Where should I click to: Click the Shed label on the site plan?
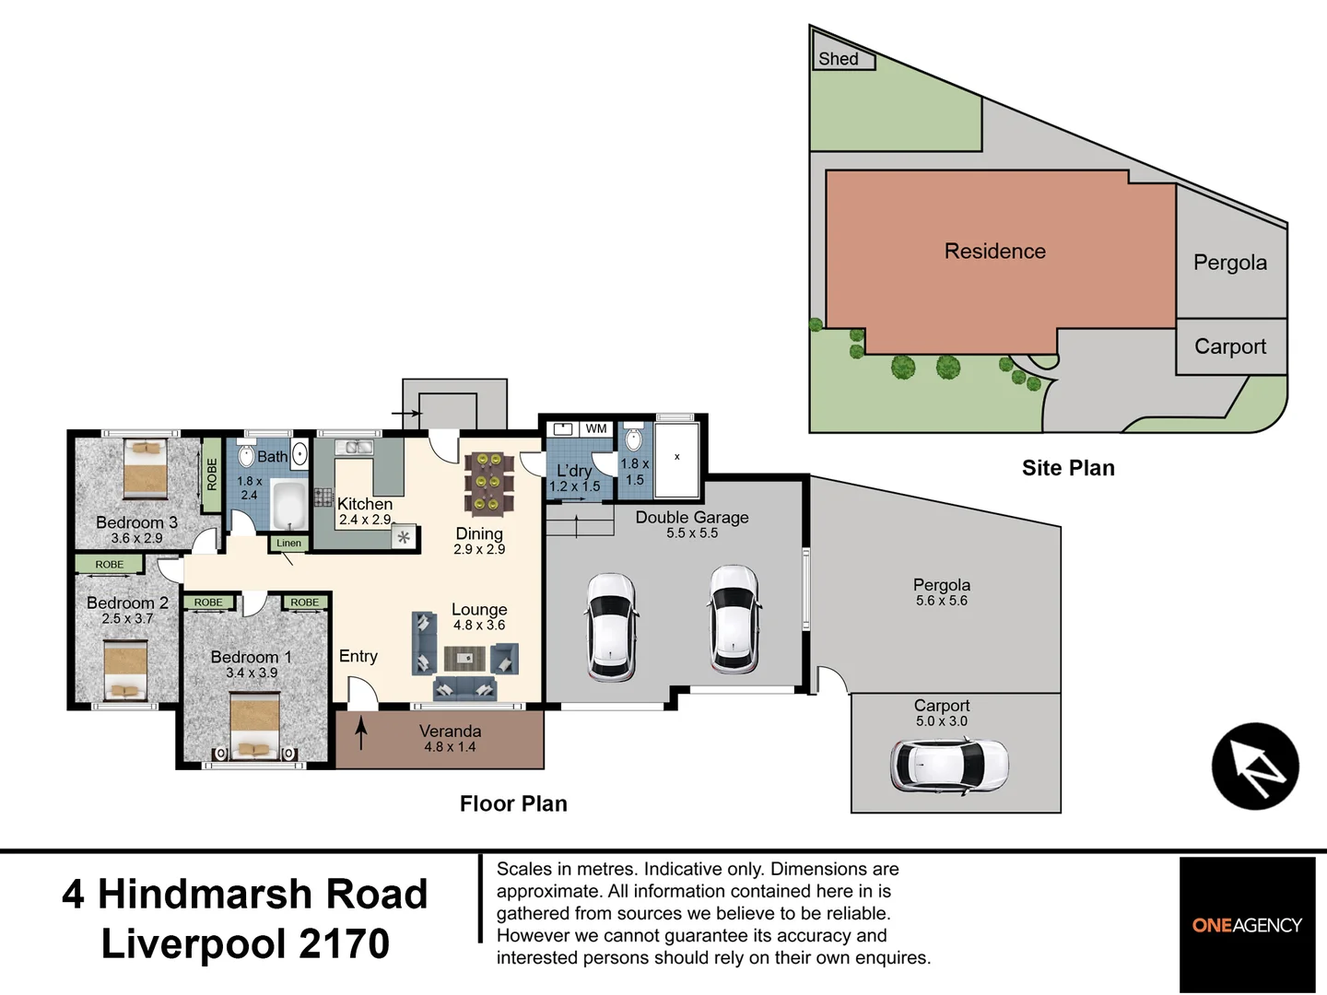[x=838, y=59]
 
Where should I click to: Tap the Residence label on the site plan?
[x=994, y=252]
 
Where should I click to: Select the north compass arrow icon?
[x=1254, y=767]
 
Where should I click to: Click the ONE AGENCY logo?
[x=1247, y=925]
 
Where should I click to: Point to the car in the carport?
[x=949, y=765]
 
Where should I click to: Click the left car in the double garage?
[x=610, y=626]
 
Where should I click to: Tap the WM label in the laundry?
[x=596, y=428]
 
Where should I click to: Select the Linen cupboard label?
[x=288, y=544]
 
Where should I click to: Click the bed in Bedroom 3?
[x=146, y=469]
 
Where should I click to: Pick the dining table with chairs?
[x=488, y=482]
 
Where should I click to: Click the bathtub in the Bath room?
[x=288, y=503]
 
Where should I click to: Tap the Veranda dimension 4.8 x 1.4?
[x=450, y=747]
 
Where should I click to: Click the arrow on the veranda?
[x=361, y=733]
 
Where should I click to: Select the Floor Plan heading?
[x=513, y=803]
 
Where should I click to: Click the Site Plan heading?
[x=1067, y=468]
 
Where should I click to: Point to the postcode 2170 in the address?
[x=344, y=944]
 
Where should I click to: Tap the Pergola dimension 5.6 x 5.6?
[x=941, y=601]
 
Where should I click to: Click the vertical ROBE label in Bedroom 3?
[x=212, y=474]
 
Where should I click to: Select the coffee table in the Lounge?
[x=464, y=658]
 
